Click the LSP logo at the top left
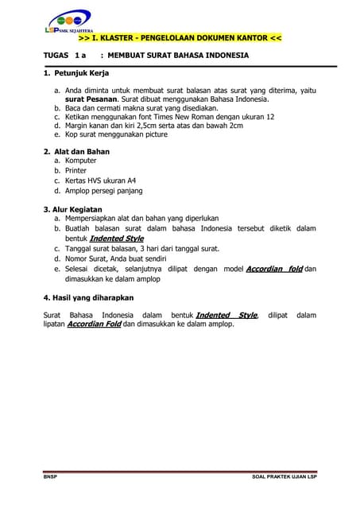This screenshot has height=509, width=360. coord(68,21)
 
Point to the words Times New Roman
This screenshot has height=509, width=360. coord(192,116)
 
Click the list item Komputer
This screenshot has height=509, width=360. coord(80,161)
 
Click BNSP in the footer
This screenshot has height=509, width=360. coord(50,477)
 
